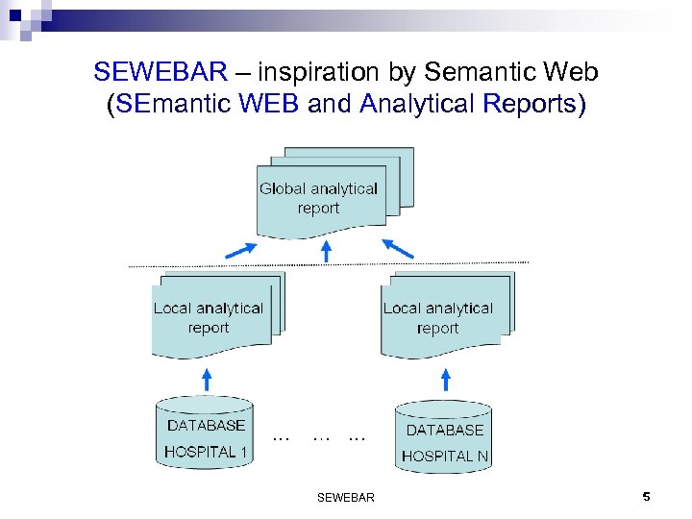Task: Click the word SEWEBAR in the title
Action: (x=161, y=71)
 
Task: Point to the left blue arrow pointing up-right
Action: (x=240, y=250)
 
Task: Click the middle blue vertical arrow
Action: (x=327, y=251)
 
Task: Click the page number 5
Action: (x=646, y=497)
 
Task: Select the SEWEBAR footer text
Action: (x=345, y=497)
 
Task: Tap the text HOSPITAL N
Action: (x=445, y=456)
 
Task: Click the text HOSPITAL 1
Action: (x=206, y=451)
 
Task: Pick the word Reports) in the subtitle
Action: (x=536, y=103)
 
